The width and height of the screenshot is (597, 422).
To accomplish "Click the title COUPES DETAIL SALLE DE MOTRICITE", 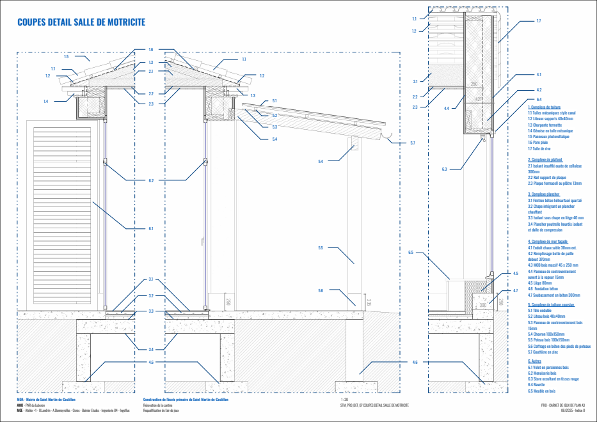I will [x=81, y=22].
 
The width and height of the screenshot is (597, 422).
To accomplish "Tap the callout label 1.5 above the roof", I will [x=67, y=57].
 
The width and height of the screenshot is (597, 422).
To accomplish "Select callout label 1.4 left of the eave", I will [x=46, y=101].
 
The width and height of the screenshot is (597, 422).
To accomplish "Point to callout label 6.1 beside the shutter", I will [x=151, y=228].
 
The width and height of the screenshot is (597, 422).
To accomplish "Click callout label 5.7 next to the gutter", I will [x=413, y=143].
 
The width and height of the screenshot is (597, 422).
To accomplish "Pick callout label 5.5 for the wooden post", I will [x=321, y=247].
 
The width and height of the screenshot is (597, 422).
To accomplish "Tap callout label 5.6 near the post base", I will [x=321, y=290].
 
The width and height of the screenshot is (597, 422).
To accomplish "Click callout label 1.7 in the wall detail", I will [x=538, y=22].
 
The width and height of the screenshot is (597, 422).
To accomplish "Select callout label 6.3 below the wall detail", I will [x=444, y=169].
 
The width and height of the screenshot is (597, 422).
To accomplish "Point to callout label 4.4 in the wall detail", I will [x=446, y=107].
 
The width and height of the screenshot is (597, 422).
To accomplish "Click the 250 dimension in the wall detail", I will [x=474, y=84].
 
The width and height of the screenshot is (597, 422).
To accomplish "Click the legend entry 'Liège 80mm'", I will [x=539, y=283].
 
